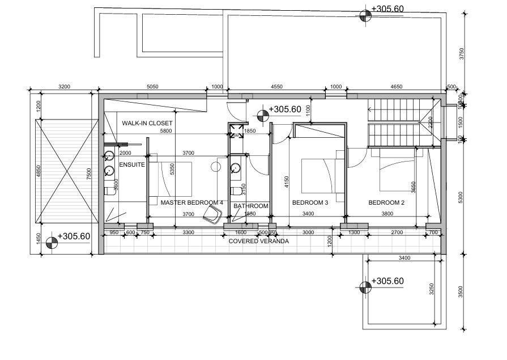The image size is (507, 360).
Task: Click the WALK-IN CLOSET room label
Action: tap(147, 123)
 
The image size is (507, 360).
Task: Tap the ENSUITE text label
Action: tap(132, 164)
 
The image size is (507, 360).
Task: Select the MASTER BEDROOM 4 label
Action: tap(191, 202)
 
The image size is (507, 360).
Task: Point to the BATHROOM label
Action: tap(251, 206)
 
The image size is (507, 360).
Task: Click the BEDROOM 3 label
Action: tap(310, 202)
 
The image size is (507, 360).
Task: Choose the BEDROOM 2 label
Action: tap(386, 202)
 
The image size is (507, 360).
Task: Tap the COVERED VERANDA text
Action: tap(258, 241)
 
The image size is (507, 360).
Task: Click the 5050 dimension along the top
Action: tap(152, 87)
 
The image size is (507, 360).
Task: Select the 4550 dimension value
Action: tap(276, 87)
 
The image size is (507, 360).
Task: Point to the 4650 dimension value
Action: tap(397, 87)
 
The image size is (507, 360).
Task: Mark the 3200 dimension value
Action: tap(64, 87)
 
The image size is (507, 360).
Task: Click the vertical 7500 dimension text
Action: tap(89, 173)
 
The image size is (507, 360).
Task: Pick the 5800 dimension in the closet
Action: tap(165, 131)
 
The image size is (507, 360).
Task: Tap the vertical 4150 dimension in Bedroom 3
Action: tap(287, 181)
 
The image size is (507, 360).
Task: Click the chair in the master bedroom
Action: tap(212, 214)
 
